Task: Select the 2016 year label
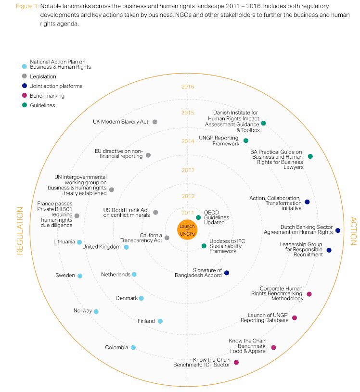(188, 87)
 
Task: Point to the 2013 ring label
(188, 170)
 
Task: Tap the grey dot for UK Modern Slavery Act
(155, 122)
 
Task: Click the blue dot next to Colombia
(133, 347)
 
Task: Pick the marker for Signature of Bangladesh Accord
(227, 273)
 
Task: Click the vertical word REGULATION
(20, 230)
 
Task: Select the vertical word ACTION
(353, 231)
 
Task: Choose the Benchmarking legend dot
(25, 96)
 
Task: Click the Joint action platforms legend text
(56, 86)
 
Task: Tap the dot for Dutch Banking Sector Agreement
(338, 230)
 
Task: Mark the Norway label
(83, 311)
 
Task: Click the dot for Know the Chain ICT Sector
(236, 362)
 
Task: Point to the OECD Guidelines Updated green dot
(198, 217)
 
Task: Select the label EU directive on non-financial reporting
(119, 153)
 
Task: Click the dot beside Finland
(160, 321)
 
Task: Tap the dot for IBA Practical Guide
(310, 156)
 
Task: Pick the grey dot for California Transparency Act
(167, 238)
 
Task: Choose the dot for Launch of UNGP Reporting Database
(295, 317)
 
